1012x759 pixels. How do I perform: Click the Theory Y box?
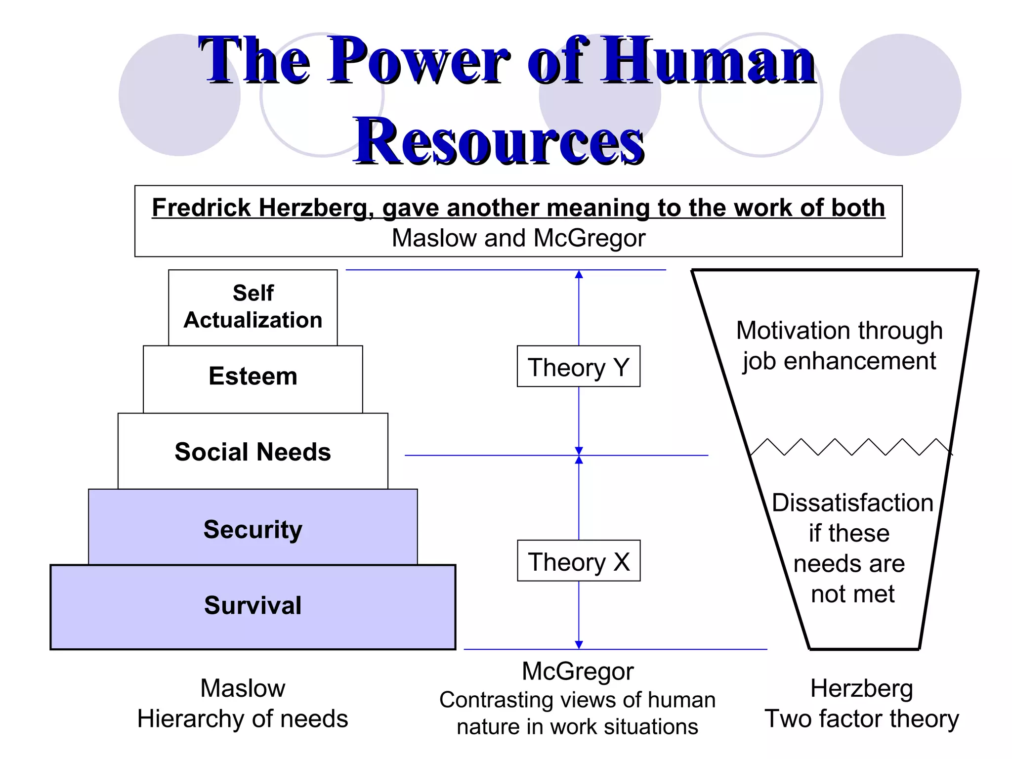[x=578, y=367]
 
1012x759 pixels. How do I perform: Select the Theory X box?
[x=579, y=561]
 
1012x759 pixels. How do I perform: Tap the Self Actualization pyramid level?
[x=253, y=307]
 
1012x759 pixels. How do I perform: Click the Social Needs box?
[x=253, y=452]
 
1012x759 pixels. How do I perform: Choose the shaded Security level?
[x=253, y=529]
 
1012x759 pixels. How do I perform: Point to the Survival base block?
[x=253, y=606]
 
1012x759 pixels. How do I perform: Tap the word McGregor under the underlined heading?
[x=589, y=238]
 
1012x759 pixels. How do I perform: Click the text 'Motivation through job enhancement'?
[x=839, y=346]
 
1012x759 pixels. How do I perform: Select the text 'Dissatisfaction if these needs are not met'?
[x=852, y=548]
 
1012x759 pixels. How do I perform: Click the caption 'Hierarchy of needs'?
[x=243, y=719]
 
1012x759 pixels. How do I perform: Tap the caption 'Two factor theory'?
[x=862, y=719]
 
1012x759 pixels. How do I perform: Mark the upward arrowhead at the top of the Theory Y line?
[x=579, y=275]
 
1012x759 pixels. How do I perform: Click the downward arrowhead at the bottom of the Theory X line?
[x=579, y=644]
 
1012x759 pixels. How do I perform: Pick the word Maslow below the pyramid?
[x=243, y=688]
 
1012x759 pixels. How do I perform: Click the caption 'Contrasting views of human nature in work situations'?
[x=577, y=714]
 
